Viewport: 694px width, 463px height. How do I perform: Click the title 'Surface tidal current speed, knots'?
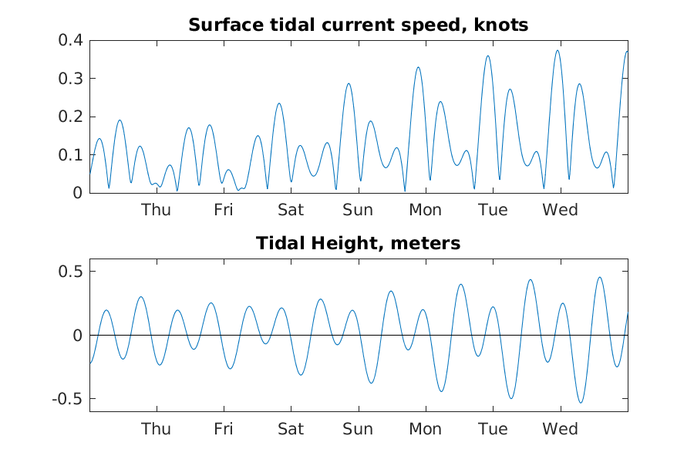[358, 25]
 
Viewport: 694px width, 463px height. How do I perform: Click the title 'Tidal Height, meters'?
[358, 243]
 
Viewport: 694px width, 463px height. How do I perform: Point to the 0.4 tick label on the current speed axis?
[71, 40]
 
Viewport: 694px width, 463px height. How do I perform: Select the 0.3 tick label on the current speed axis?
[71, 79]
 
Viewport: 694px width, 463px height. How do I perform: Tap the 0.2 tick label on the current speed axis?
[71, 117]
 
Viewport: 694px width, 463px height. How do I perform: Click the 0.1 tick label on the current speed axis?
[71, 155]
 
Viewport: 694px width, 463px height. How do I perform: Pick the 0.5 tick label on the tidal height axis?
[71, 272]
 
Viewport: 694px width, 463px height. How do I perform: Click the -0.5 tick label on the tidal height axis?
[68, 399]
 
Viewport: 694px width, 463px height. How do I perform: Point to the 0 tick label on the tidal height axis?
[78, 336]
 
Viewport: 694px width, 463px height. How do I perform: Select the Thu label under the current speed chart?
[157, 210]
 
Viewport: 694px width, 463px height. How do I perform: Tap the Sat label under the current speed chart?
[291, 210]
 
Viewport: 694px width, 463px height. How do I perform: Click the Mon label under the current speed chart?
[426, 210]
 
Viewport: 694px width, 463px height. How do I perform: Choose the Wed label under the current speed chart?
[561, 210]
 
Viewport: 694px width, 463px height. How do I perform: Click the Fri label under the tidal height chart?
[224, 428]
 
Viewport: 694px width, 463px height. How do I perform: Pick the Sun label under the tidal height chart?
[358, 428]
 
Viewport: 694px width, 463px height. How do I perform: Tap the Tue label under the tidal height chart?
[493, 428]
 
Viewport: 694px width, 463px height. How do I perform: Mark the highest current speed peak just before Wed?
[558, 50]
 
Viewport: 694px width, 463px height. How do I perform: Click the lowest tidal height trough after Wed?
[581, 402]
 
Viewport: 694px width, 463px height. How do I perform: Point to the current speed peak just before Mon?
[418, 67]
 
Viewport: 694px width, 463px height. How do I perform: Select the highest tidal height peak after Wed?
[600, 278]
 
